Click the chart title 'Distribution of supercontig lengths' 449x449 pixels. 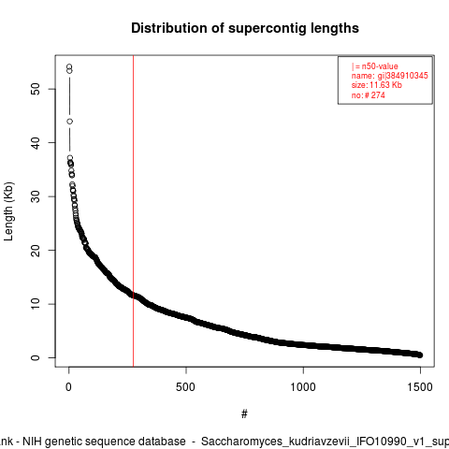tap(245, 28)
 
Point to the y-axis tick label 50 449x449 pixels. tap(36, 89)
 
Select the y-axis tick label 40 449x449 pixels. tap(36, 143)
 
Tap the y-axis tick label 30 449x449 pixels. tap(36, 196)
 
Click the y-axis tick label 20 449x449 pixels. tap(36, 250)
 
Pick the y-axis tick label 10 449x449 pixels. tap(36, 304)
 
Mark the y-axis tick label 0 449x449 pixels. tap(36, 357)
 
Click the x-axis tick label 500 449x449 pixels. tap(185, 387)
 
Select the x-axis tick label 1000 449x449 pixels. tap(303, 387)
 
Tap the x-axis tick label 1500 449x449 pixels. tap(420, 387)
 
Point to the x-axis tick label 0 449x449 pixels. tap(68, 387)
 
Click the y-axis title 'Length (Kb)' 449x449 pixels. tap(8, 211)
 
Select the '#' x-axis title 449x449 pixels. tap(244, 414)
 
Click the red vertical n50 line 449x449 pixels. tap(134, 211)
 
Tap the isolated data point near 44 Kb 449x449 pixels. tap(70, 122)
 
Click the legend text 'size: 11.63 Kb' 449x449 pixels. tap(377, 85)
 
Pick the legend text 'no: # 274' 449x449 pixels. tap(369, 95)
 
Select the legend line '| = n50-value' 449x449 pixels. tap(375, 66)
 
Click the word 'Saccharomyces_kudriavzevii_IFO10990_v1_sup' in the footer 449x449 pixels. tap(325, 442)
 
